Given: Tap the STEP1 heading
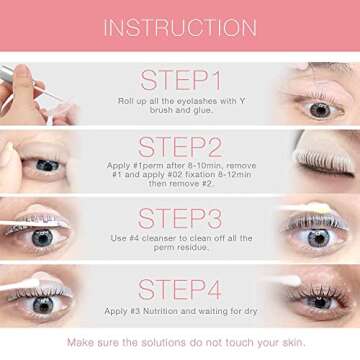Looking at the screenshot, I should coord(181,79).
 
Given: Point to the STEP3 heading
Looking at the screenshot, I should coord(181,217).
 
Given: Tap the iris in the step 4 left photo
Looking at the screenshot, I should coord(42,305).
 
